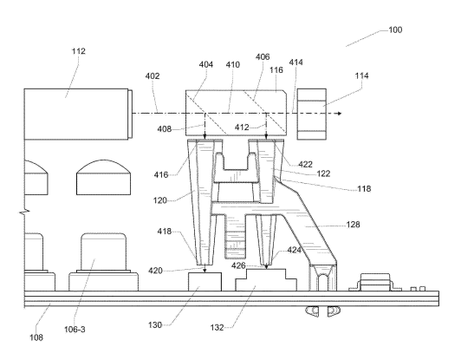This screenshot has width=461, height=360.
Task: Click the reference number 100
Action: (395, 30)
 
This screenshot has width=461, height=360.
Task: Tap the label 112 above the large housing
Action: (79, 51)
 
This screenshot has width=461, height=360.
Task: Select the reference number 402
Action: (153, 76)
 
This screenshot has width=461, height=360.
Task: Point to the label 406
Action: (263, 56)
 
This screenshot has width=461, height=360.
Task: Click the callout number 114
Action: (361, 76)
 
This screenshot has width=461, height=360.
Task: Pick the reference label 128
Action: (353, 225)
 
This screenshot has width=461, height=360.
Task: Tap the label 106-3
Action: (75, 330)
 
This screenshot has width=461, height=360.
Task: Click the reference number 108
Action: (36, 337)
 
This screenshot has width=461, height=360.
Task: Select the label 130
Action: (155, 325)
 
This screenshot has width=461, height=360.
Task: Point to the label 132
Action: (217, 327)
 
